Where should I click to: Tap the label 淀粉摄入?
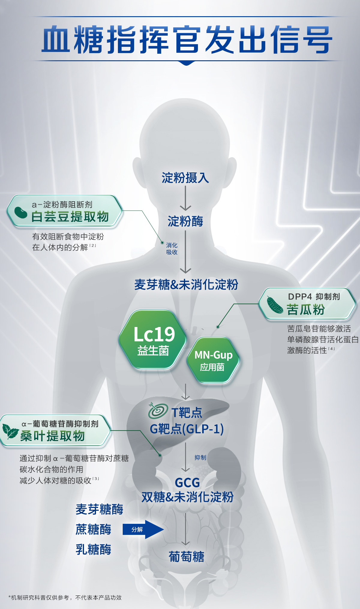185,178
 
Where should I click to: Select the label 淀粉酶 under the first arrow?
185,221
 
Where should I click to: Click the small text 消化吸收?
172,249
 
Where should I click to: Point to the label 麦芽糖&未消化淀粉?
186,284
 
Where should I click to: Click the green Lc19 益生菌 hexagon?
153,340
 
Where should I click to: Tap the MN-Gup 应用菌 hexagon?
213,360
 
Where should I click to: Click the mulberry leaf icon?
10,431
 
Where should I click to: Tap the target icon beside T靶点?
158,411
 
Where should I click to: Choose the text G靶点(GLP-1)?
187,429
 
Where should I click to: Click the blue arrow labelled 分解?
143,529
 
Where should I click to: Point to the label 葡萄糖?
186,557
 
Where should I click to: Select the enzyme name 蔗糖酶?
93,529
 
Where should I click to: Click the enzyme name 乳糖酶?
93,550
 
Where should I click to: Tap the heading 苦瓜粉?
305,310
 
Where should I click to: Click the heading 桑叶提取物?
52,436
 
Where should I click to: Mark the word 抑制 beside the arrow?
200,457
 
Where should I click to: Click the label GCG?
187,483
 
